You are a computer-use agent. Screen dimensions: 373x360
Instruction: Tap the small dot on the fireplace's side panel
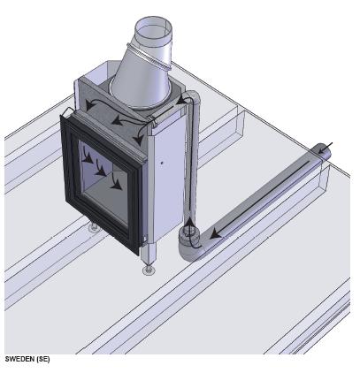point(163,164)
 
